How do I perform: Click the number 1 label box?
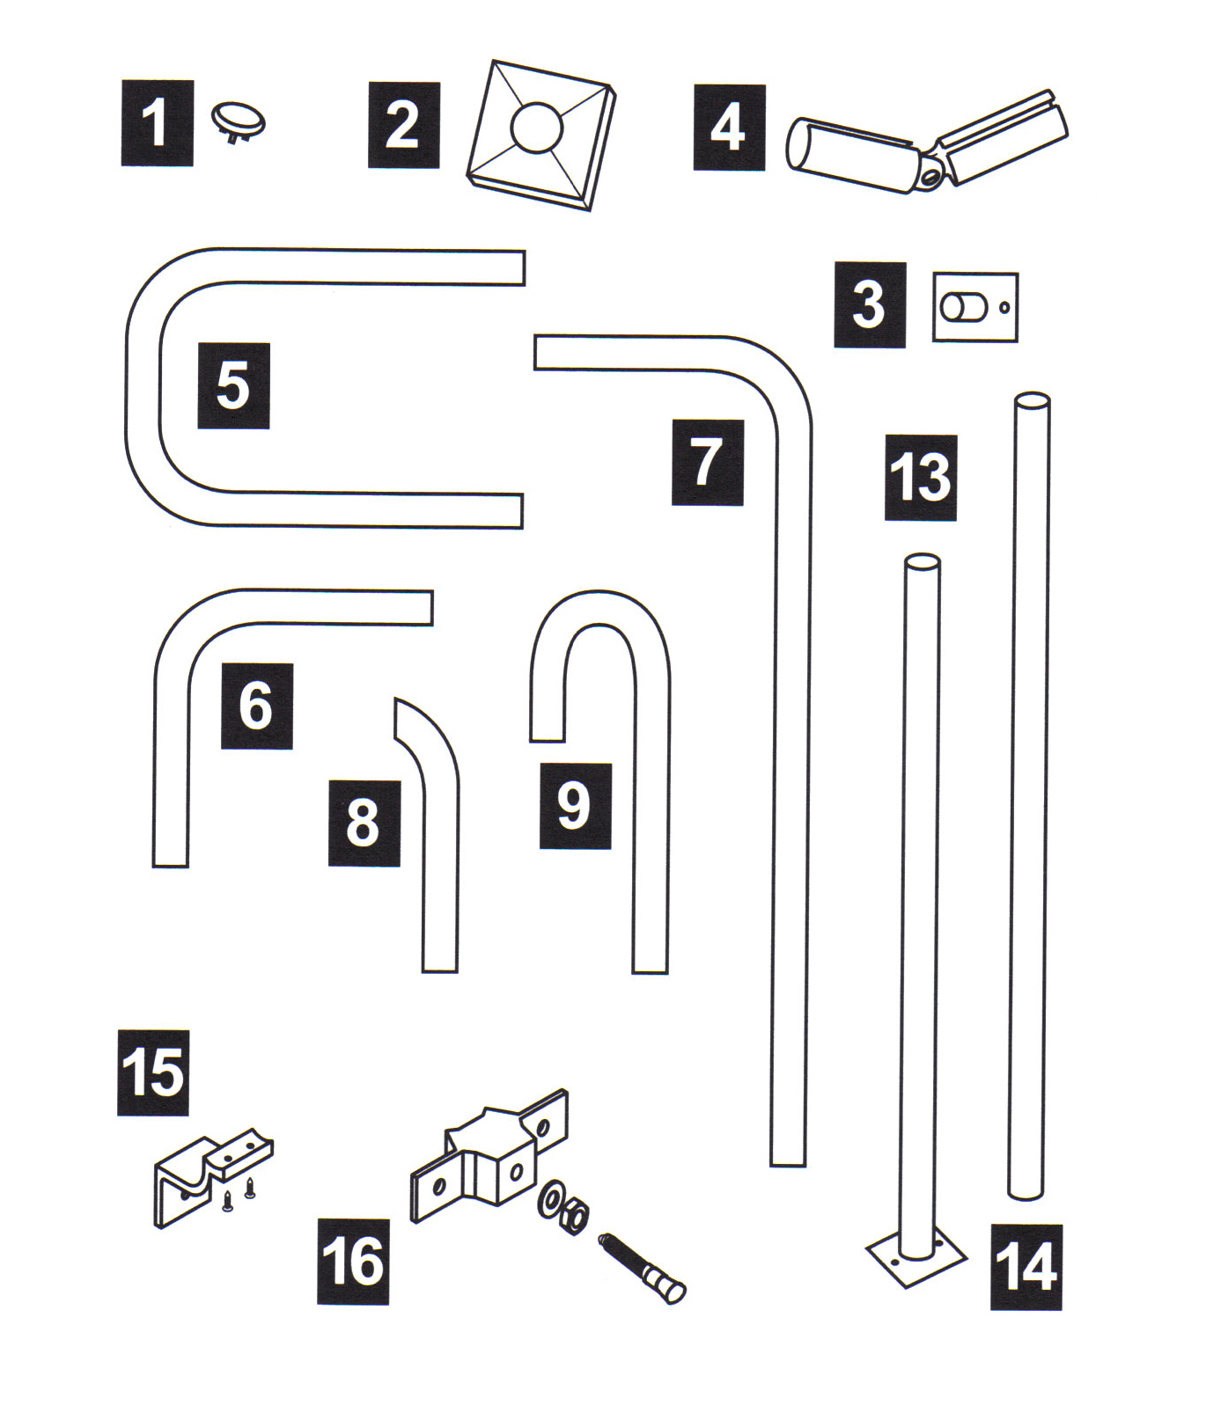click(157, 123)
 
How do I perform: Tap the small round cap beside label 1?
click(238, 121)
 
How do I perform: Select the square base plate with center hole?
click(540, 135)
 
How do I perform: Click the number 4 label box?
click(729, 128)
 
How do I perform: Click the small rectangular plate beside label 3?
click(975, 307)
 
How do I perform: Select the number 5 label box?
click(233, 386)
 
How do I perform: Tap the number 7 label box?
click(707, 463)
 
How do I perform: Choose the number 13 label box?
click(921, 478)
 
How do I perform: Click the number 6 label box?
click(256, 706)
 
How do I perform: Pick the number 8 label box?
click(364, 823)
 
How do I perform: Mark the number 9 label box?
click(575, 806)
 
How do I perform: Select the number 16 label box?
click(353, 1262)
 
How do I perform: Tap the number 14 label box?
click(1026, 1268)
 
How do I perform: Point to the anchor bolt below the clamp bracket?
click(642, 1267)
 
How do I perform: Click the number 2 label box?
click(403, 125)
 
